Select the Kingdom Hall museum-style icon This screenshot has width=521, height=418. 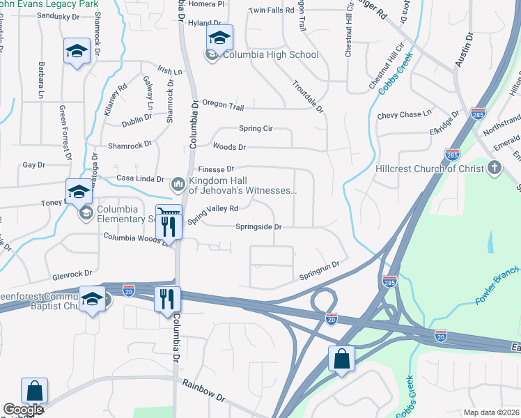click(177, 184)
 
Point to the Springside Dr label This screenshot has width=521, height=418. click(258, 226)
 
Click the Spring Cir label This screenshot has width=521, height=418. click(255, 128)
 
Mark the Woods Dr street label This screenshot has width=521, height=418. click(229, 147)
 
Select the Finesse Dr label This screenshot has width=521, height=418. click(216, 169)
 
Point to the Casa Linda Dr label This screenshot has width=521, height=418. click(139, 179)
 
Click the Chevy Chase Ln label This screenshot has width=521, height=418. click(404, 114)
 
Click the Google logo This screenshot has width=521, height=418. click(23, 410)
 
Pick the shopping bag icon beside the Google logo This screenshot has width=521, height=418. click(34, 391)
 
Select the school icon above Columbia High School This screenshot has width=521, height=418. click(219, 38)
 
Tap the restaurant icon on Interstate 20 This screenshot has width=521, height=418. click(167, 299)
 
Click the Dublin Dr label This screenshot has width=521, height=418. click(136, 121)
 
